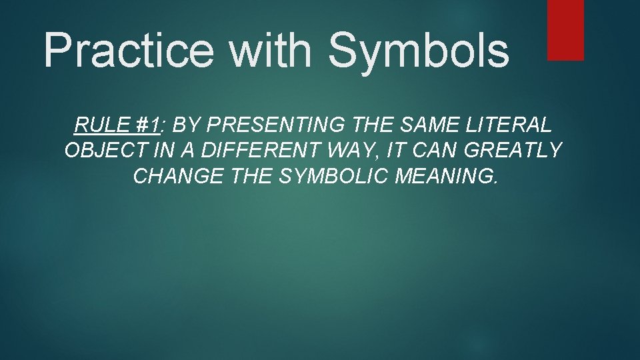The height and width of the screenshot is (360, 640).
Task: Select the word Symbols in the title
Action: [419, 51]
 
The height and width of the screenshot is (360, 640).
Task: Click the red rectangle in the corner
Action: [565, 30]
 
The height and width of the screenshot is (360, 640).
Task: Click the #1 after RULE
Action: [147, 124]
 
